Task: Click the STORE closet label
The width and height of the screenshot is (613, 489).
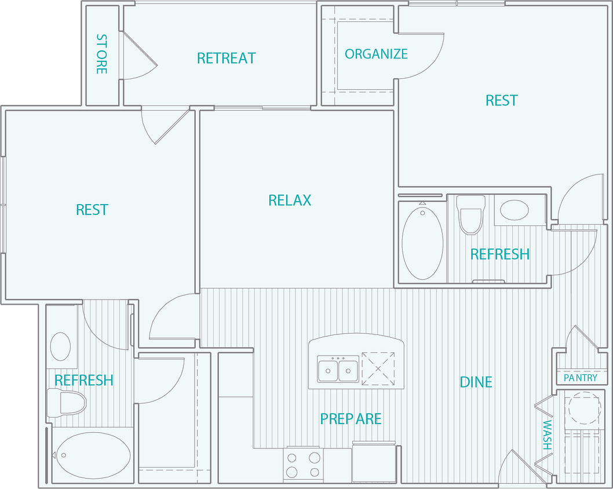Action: pos(101,54)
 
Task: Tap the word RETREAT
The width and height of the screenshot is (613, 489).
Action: pos(226,59)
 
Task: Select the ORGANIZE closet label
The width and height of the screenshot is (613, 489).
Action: pos(376,54)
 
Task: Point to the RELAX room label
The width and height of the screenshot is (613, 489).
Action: pos(290,200)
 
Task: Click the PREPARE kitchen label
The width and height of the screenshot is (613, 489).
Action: pos(351,419)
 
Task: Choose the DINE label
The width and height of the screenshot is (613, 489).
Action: pos(476,382)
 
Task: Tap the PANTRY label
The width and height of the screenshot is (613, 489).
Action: pos(580,378)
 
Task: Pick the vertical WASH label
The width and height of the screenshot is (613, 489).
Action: pos(546,435)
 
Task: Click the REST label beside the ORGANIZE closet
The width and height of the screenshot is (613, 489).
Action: pos(501,101)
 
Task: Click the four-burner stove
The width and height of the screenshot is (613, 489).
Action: pos(303,464)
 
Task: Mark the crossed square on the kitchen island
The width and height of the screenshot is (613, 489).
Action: pos(378,368)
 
